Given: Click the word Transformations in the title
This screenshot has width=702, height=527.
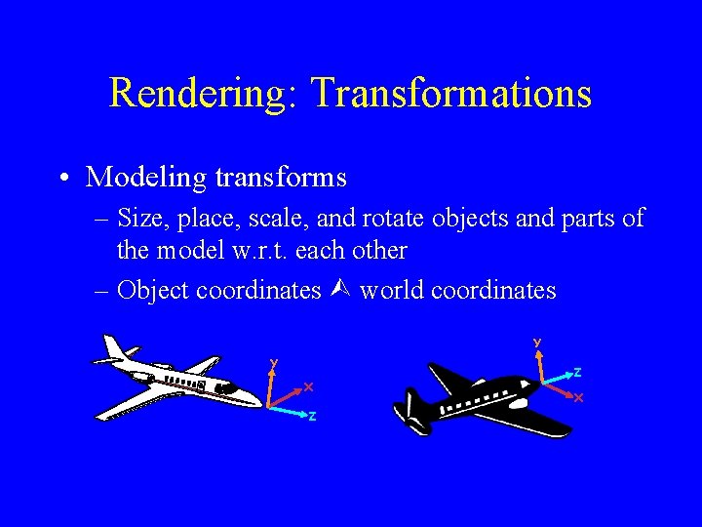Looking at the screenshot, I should [x=450, y=94].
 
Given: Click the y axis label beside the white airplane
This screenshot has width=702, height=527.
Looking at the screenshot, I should [x=274, y=363].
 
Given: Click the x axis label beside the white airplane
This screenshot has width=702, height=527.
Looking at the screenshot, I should [x=308, y=386].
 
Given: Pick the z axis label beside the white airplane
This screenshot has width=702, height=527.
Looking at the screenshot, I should [x=312, y=417].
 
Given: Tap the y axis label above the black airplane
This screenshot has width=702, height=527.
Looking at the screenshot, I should [x=536, y=343].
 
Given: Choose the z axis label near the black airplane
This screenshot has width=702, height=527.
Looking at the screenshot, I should [x=577, y=372].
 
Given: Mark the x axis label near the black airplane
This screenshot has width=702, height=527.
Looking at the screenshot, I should [x=578, y=398].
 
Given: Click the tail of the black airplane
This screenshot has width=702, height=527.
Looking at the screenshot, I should [x=409, y=415].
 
